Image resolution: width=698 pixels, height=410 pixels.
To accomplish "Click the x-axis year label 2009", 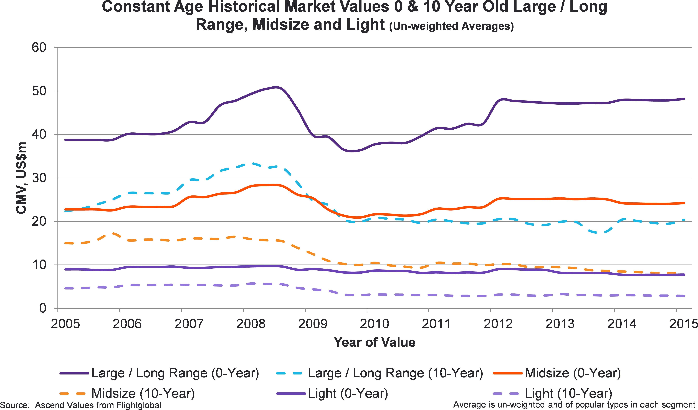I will (312, 324).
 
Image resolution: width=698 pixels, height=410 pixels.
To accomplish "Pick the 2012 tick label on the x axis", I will (498, 324).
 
